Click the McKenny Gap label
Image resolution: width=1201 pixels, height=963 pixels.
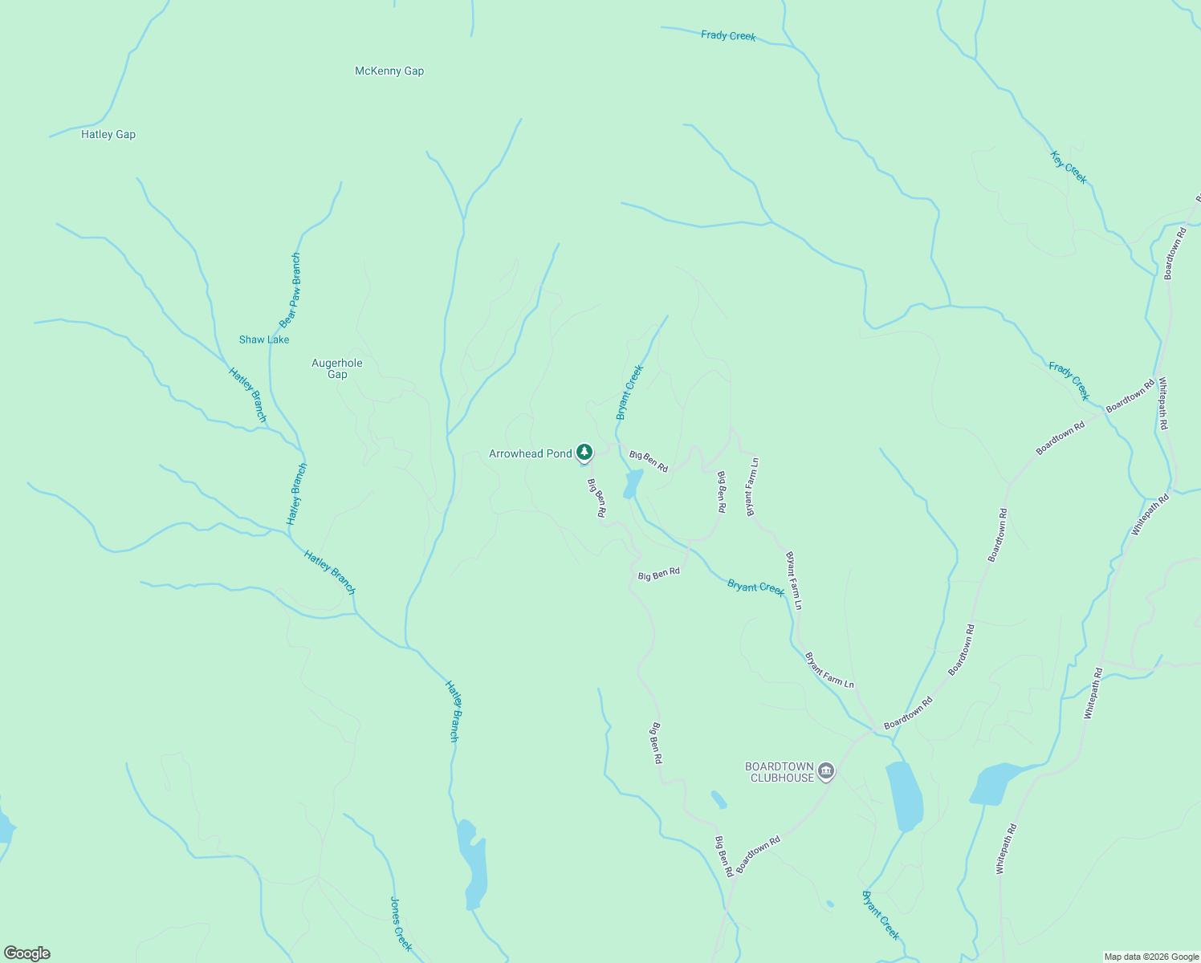point(389,71)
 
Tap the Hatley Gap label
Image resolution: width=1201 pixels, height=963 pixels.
point(108,135)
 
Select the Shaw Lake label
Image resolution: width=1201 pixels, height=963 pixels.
point(264,340)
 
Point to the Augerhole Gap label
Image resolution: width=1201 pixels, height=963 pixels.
point(337,369)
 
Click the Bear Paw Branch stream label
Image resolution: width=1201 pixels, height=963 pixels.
point(291,291)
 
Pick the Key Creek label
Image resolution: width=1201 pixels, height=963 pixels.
point(1069,168)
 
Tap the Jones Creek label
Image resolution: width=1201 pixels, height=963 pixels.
point(401,924)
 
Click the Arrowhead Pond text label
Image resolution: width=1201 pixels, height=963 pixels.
point(531,454)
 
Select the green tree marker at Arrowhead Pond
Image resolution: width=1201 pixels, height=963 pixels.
point(584,452)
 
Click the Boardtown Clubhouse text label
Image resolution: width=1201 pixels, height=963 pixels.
point(780,772)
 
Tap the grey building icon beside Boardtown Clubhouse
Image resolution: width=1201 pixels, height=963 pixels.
point(827,772)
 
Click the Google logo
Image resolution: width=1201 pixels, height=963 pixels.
point(27,953)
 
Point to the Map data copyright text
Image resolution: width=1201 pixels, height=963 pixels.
point(1151,957)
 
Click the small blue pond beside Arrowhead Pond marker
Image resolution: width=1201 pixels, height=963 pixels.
point(633,484)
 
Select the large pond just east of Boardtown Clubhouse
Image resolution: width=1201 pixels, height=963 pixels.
point(905,797)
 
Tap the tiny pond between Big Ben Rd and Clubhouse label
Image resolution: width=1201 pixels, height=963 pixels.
point(719,799)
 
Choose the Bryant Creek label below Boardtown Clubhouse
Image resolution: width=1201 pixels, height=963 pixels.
point(881,915)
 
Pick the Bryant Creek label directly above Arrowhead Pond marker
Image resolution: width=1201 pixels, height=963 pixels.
point(630,392)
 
